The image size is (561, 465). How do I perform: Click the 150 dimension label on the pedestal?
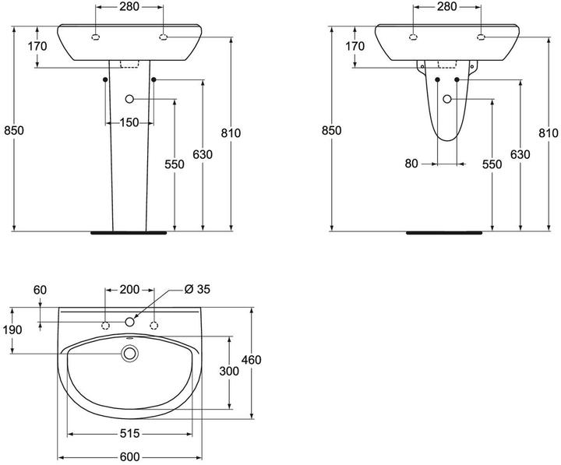(x=129, y=122)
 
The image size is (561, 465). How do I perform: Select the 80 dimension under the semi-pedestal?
(x=412, y=164)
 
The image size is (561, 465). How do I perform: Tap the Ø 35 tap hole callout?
(x=198, y=289)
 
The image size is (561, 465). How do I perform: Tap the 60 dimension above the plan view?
(x=41, y=289)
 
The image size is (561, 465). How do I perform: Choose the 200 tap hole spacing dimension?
(x=129, y=289)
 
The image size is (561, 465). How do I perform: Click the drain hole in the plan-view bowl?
(x=129, y=354)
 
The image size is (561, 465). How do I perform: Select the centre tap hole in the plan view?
(x=129, y=322)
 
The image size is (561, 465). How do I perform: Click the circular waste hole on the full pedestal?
(x=129, y=99)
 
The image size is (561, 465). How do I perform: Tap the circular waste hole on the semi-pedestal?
(x=447, y=99)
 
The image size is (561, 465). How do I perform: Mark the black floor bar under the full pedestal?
(x=129, y=231)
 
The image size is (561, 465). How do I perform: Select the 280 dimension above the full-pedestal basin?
(x=129, y=7)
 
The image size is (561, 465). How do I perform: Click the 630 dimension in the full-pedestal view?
(x=203, y=155)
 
